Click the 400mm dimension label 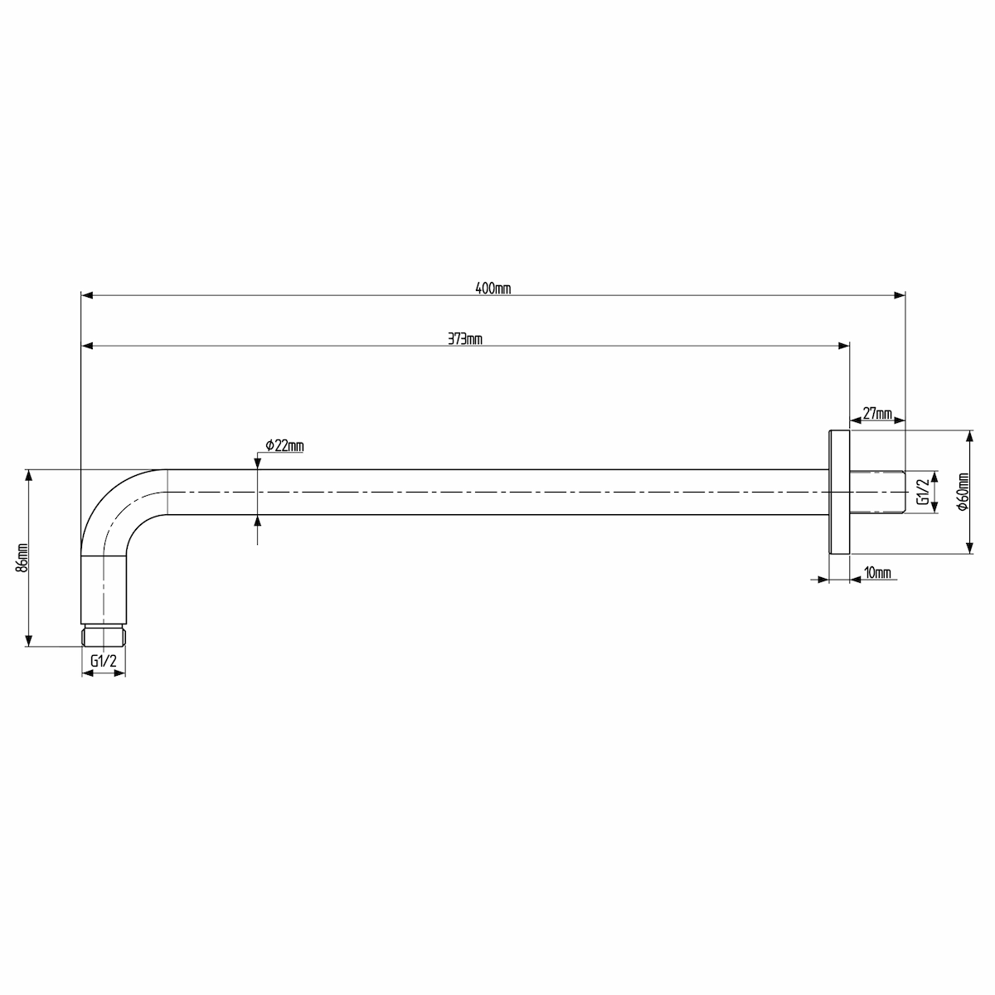point(493,288)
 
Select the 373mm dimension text point(464,339)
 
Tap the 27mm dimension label point(877,414)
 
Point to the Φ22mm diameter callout point(284,445)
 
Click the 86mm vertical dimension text point(22,558)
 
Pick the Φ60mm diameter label point(963,492)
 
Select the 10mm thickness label point(877,573)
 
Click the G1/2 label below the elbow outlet point(104,661)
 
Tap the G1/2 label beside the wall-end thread point(922,492)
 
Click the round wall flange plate point(839,492)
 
